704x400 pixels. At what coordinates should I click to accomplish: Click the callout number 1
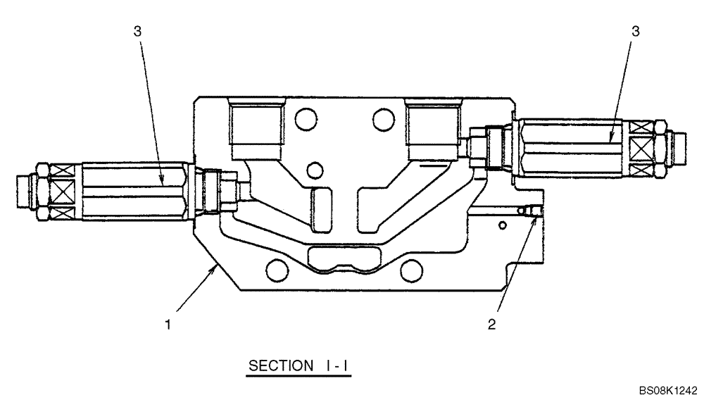pos(167,325)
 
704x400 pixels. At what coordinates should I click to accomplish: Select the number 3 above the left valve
pos(137,31)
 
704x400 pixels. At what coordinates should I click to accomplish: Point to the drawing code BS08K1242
pos(667,389)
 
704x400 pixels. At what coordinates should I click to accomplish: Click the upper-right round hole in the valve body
pos(382,117)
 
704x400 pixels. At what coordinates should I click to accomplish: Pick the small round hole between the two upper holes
pos(317,170)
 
